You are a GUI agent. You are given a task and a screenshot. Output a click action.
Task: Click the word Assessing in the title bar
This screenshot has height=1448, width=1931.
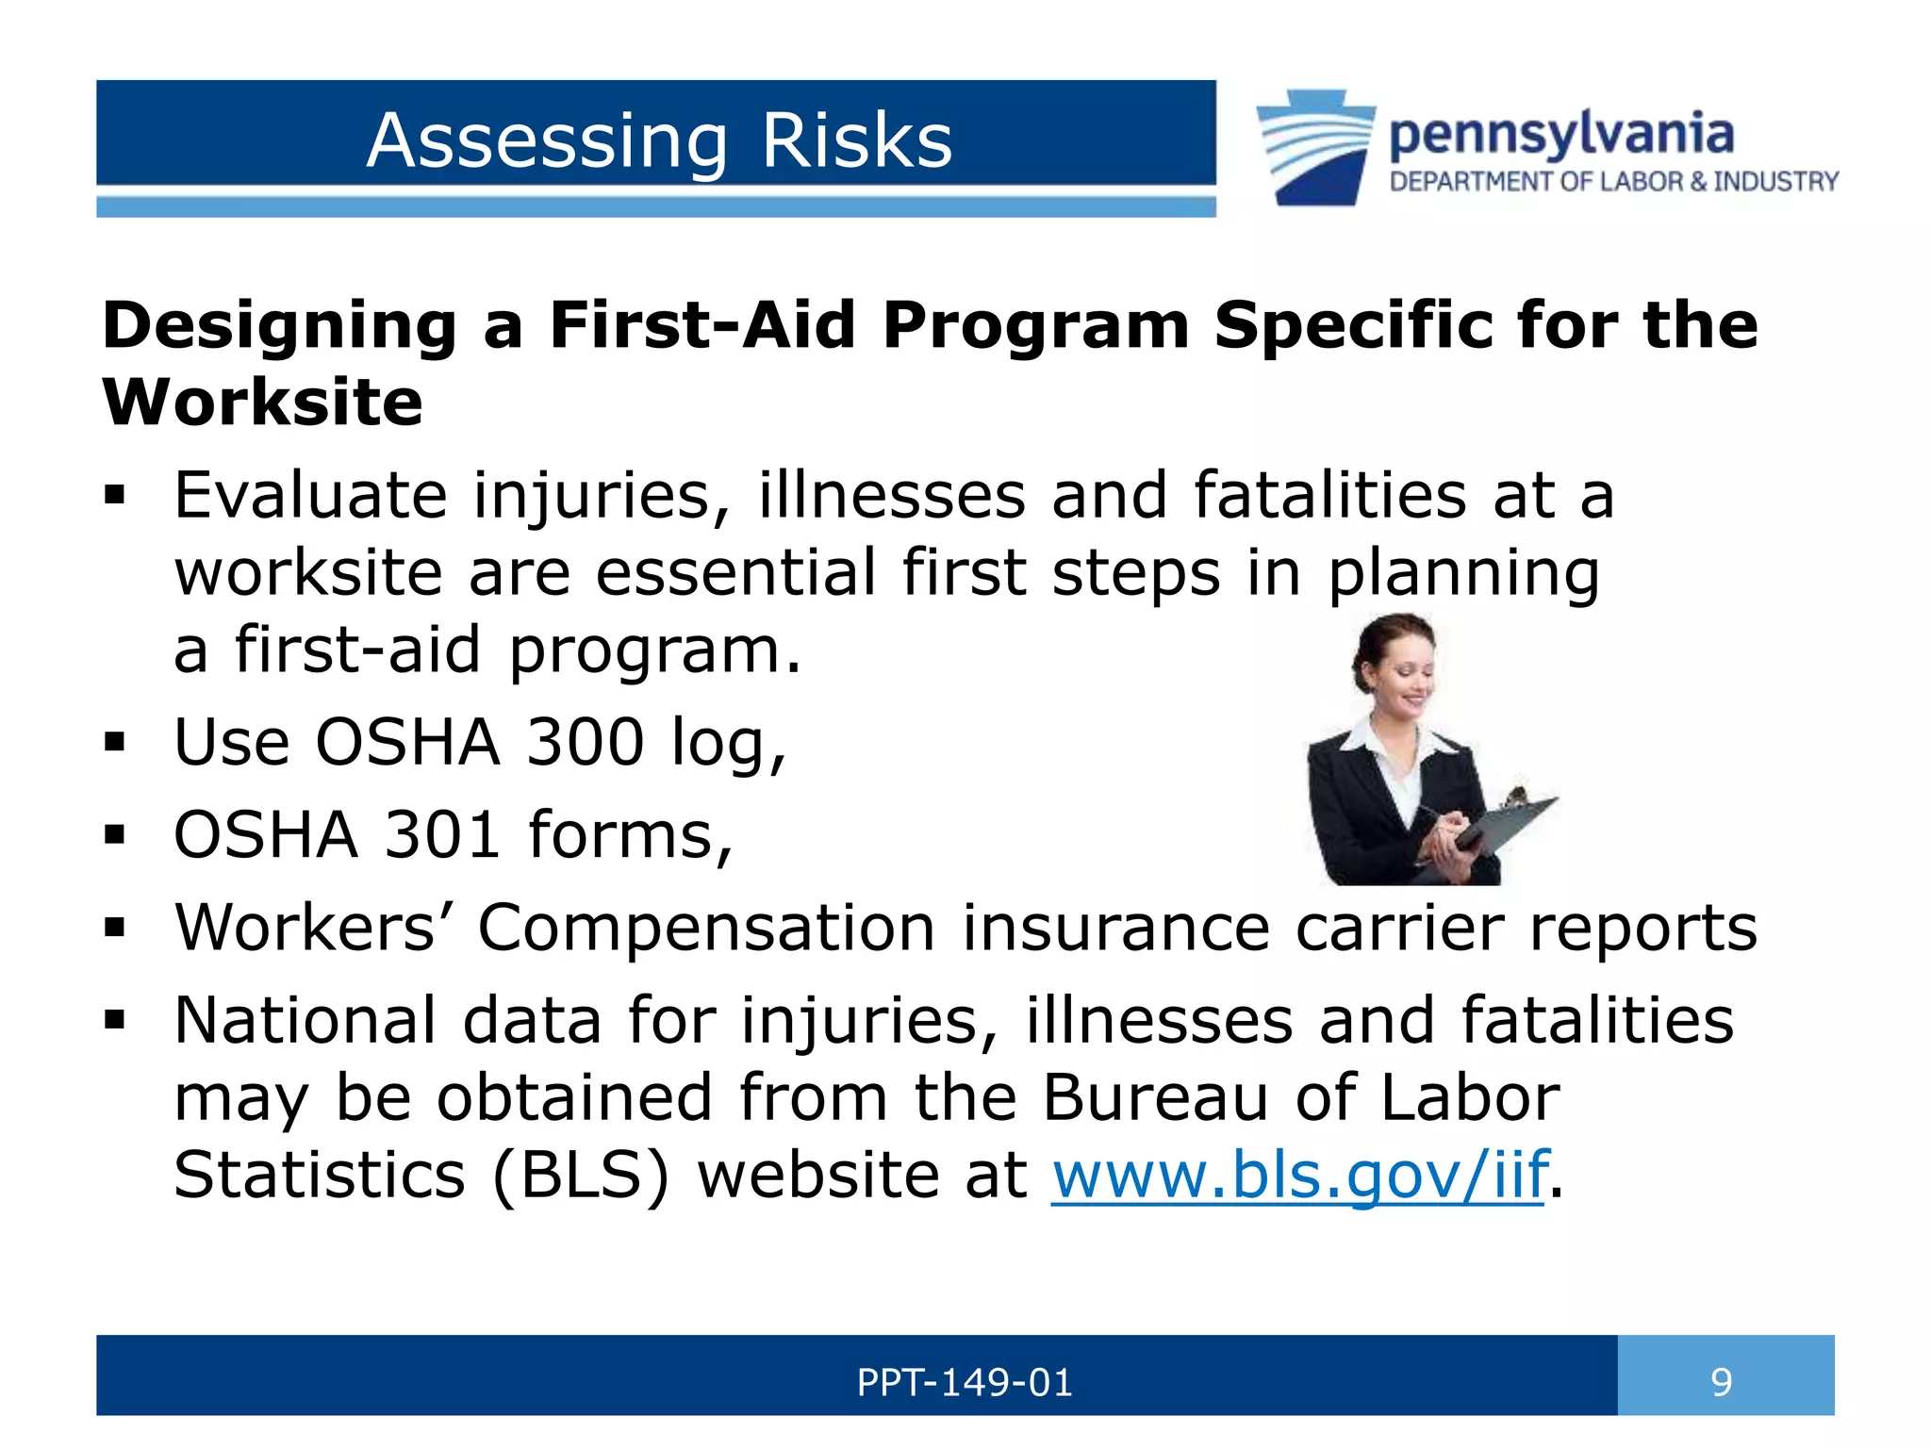(547, 141)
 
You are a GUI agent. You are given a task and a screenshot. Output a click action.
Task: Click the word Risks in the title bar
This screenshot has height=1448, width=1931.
(856, 141)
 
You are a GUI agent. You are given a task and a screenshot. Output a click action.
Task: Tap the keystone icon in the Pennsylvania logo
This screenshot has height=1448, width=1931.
(1315, 146)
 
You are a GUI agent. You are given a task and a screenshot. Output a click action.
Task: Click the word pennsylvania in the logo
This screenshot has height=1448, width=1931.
(1560, 135)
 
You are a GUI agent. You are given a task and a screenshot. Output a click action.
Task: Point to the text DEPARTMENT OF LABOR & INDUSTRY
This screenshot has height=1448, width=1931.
(1613, 181)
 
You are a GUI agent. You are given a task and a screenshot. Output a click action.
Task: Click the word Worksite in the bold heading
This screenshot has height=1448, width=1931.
(262, 403)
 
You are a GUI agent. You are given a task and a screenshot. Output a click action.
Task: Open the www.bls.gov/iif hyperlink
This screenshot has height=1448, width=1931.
(1299, 1175)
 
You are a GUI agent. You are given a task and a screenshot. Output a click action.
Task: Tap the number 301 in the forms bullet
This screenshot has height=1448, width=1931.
(441, 834)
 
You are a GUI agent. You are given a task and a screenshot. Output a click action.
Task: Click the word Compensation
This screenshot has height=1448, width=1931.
(706, 928)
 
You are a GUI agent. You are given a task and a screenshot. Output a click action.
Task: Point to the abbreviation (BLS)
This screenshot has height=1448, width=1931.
(580, 1175)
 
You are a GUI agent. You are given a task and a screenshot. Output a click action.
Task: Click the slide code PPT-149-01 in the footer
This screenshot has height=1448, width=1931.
(964, 1383)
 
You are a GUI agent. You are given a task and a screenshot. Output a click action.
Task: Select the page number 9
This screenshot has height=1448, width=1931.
(1721, 1383)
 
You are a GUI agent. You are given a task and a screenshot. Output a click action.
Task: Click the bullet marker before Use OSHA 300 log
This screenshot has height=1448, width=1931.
(115, 743)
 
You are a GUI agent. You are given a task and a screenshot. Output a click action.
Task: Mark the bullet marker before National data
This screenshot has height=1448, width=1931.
(115, 1021)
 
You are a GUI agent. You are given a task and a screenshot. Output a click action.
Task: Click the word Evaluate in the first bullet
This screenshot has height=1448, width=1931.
(310, 496)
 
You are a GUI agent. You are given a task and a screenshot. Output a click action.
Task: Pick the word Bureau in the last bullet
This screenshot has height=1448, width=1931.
(1155, 1098)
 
